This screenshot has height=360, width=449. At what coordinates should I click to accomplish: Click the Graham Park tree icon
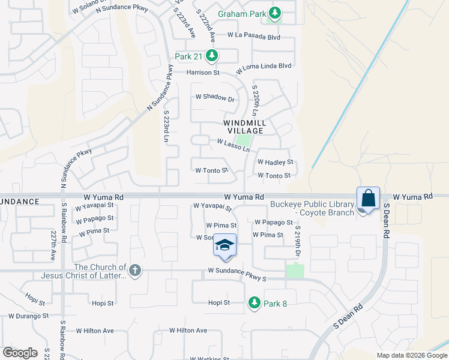[275, 13]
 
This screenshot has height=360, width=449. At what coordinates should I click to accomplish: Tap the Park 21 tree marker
[211, 56]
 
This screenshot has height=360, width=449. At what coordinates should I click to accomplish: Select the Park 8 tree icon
[255, 303]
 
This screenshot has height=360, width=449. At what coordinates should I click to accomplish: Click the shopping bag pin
[368, 199]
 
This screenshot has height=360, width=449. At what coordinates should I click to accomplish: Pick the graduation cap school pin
[225, 246]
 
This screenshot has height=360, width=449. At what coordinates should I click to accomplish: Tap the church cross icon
[134, 271]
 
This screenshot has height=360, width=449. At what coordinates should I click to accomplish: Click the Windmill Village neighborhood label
[244, 127]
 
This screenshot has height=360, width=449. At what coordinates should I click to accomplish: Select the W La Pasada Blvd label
[254, 36]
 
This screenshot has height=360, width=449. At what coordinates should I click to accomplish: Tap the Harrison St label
[203, 72]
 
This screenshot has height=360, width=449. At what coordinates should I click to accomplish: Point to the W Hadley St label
[275, 162]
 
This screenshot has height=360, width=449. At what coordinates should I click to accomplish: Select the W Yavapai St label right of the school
[212, 207]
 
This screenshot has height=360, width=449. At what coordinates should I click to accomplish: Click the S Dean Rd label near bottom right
[349, 316]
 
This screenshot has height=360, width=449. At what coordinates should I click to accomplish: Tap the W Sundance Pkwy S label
[237, 272]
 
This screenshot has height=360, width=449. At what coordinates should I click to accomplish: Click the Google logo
[20, 353]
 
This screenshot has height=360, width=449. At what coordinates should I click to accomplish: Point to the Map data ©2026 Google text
[411, 355]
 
